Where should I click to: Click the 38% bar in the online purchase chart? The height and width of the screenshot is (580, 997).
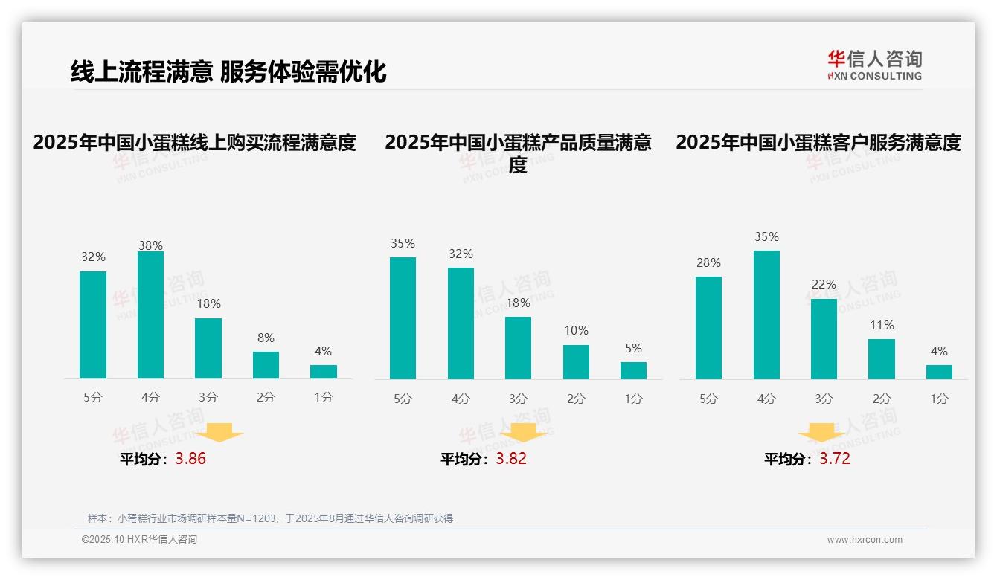click(150, 315)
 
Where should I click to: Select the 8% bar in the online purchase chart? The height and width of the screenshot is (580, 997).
click(266, 365)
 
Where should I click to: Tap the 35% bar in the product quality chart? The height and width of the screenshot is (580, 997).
click(403, 318)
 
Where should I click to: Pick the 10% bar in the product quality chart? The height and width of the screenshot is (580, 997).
click(576, 362)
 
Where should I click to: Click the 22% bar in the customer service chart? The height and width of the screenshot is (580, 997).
click(824, 339)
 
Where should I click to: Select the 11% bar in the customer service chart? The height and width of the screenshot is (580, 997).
click(882, 359)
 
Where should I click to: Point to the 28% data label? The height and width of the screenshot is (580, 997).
click(708, 262)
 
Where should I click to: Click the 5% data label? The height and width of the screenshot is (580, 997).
click(633, 348)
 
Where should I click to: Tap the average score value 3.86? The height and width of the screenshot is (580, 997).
click(190, 459)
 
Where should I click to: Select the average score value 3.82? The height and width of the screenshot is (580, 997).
click(511, 459)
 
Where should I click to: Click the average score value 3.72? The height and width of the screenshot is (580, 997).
click(835, 459)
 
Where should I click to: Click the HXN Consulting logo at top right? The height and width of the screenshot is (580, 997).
click(874, 65)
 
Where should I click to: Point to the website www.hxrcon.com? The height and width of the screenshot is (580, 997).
click(865, 540)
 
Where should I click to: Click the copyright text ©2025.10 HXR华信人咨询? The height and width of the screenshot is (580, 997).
click(139, 540)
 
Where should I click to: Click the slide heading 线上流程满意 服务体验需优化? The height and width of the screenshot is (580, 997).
click(228, 71)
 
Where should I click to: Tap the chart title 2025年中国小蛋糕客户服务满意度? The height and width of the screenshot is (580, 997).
click(818, 142)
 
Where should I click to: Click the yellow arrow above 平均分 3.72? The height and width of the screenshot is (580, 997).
click(821, 434)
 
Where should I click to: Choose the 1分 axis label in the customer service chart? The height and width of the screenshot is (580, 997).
click(939, 399)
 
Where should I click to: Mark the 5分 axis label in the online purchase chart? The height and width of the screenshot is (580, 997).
click(93, 398)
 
